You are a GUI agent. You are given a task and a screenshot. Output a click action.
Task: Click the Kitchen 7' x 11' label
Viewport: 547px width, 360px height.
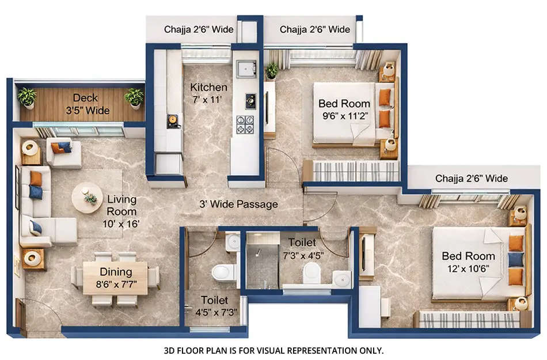click(208, 93)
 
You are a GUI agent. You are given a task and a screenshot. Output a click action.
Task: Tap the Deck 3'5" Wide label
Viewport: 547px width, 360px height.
click(89, 104)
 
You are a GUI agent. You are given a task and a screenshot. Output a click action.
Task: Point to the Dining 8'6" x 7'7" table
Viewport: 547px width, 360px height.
click(115, 278)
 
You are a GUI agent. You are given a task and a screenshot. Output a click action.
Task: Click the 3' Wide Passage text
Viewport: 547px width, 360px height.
click(238, 204)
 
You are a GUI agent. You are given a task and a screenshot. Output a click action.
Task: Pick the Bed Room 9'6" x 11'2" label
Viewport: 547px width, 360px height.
click(344, 109)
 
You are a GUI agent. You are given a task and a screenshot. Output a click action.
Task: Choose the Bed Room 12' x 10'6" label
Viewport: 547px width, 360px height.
click(468, 262)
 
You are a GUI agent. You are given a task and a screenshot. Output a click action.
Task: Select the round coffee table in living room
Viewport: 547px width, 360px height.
click(88, 198)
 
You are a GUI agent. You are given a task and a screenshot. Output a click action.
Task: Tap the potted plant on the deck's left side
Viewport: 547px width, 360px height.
click(26, 97)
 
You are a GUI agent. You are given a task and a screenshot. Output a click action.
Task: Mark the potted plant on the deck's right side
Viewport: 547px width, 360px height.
click(135, 97)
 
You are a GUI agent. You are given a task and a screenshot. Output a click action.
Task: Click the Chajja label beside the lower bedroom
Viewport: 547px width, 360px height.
click(471, 178)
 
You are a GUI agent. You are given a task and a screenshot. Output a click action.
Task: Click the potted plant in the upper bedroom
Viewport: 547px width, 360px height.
click(271, 70)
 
